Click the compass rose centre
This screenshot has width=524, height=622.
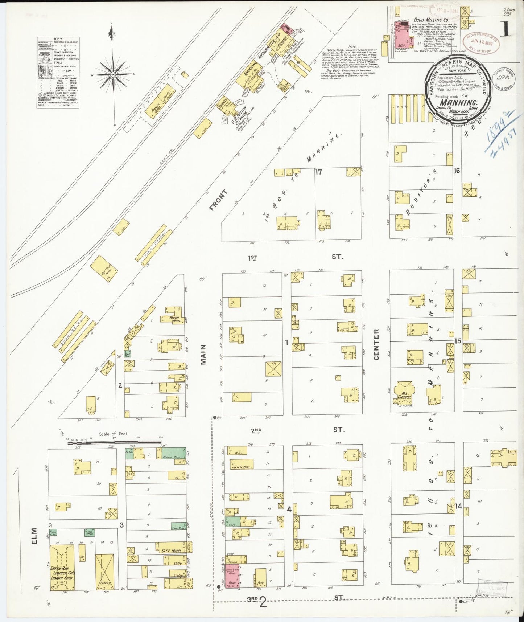click(113, 74)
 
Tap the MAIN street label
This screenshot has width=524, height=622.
click(203, 355)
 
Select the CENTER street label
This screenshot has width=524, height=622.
click(376, 344)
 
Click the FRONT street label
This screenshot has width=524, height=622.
click(218, 200)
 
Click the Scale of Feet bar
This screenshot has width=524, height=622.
click(114, 442)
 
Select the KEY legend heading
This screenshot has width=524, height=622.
click(58, 39)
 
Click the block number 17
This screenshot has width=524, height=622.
click(318, 172)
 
